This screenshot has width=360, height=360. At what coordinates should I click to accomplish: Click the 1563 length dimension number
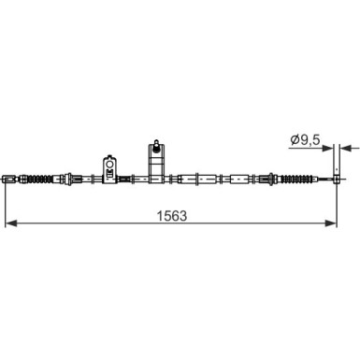[x=172, y=216]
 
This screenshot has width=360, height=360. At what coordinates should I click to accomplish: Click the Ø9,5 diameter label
[x=305, y=140]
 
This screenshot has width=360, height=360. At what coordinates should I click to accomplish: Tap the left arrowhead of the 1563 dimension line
[x=11, y=223]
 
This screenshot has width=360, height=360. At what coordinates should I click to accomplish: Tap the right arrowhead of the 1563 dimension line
[x=331, y=223]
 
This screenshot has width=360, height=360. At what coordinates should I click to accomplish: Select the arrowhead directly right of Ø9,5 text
[x=328, y=148]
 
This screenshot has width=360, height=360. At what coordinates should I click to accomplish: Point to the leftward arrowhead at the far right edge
[x=345, y=148]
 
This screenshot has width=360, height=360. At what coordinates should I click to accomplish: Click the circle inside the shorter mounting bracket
[x=109, y=164]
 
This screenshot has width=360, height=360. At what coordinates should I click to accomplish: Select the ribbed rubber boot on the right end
[x=297, y=180]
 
